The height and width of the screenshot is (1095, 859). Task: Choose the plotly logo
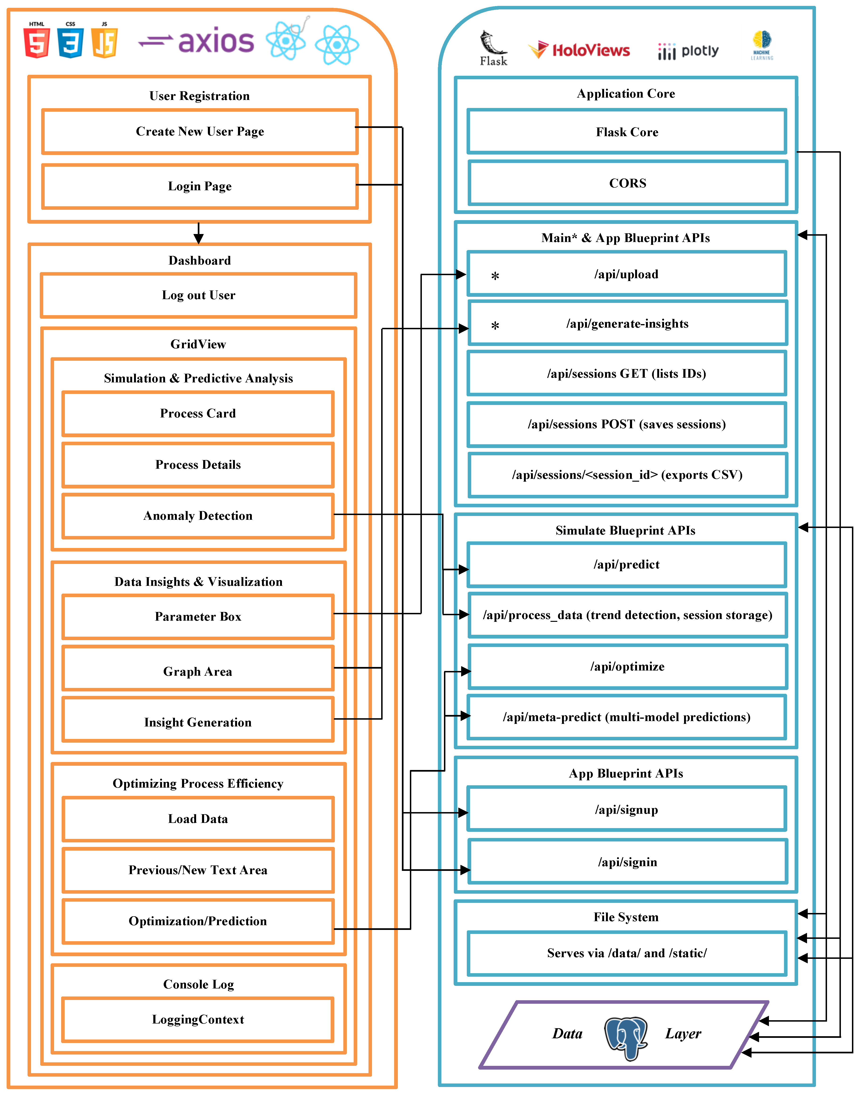688,51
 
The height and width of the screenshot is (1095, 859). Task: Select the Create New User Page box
200,131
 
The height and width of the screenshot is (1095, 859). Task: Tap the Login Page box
200,186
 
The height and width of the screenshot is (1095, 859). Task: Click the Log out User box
199,295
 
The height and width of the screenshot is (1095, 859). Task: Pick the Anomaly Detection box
198,516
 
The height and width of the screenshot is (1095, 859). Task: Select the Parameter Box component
198,617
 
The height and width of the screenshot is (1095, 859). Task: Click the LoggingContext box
198,1020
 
